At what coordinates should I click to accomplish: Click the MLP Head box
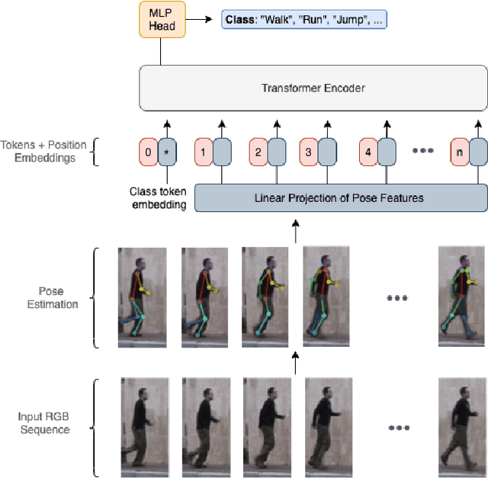pyautogui.click(x=161, y=20)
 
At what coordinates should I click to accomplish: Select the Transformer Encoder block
pyautogui.click(x=313, y=88)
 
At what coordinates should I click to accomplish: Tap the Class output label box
pyautogui.click(x=303, y=19)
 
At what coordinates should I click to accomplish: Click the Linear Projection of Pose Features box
pyautogui.click(x=341, y=198)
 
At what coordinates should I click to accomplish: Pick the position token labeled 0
pyautogui.click(x=148, y=151)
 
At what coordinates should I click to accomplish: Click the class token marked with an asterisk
pyautogui.click(x=166, y=151)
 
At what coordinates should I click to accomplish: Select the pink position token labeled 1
pyautogui.click(x=203, y=151)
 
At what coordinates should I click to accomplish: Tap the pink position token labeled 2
pyautogui.click(x=258, y=151)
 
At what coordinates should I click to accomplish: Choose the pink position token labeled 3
pyautogui.click(x=308, y=151)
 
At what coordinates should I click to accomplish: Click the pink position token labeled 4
pyautogui.click(x=368, y=151)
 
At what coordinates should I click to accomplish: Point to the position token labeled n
pyautogui.click(x=458, y=151)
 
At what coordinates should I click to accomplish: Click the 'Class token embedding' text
pyautogui.click(x=159, y=198)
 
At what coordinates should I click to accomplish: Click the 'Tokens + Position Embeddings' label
pyautogui.click(x=43, y=151)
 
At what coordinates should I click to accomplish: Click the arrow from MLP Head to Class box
pyautogui.click(x=200, y=20)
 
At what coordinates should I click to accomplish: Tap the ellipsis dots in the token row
pyautogui.click(x=423, y=151)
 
